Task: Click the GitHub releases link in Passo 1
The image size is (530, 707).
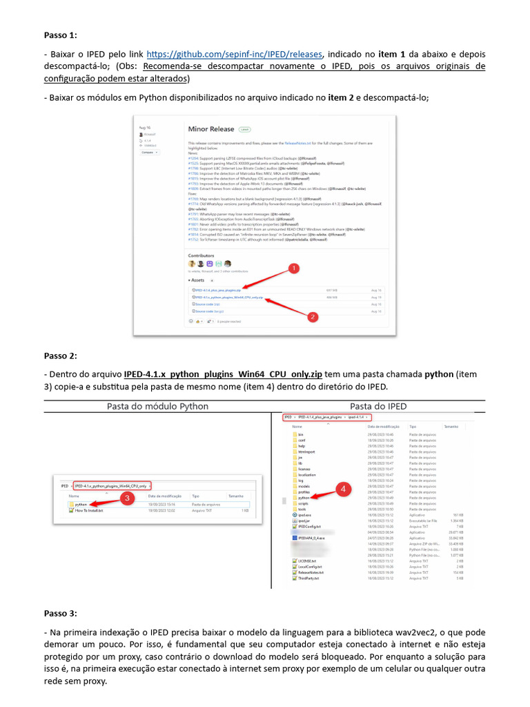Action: [x=235, y=54]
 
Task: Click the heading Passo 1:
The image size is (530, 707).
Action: [x=61, y=35]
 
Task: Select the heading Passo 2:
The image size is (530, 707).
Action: [x=61, y=356]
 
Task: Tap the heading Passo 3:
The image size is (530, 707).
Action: [x=61, y=612]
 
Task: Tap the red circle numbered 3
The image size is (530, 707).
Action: [x=126, y=497]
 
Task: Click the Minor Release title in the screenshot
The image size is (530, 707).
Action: [x=211, y=129]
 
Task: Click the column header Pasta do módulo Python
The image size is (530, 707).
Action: [x=157, y=406]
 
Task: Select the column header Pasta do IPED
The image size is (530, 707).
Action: [x=378, y=406]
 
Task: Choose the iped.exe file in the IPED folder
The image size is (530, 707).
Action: [x=304, y=515]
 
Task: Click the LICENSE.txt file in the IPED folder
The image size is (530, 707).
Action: [x=306, y=561]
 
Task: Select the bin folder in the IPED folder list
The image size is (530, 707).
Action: [x=301, y=434]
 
